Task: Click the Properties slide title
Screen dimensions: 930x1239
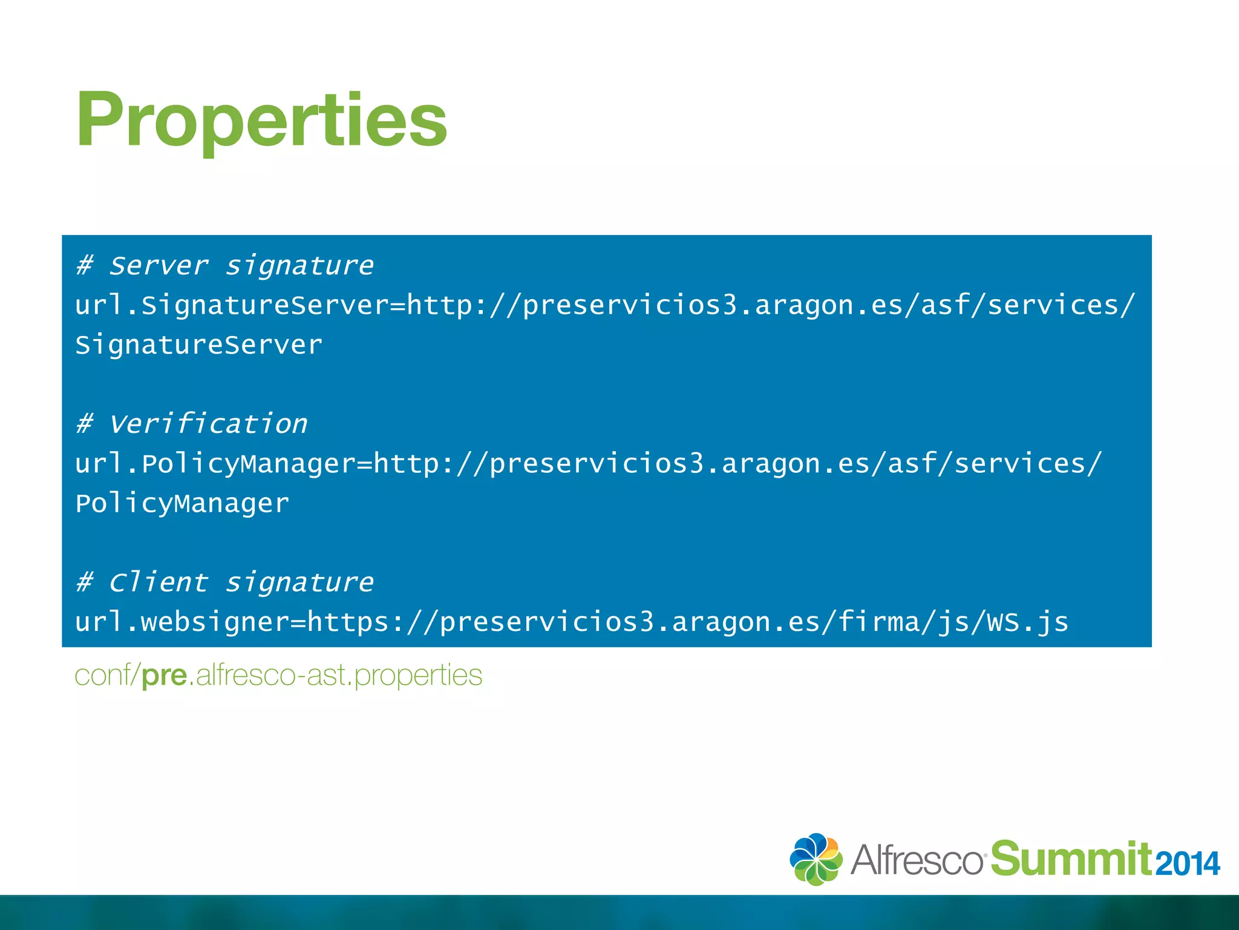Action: coord(261,119)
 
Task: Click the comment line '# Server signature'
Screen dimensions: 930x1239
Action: coord(225,266)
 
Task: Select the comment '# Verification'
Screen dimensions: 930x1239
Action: coord(192,424)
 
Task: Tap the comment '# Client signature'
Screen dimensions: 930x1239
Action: coord(225,582)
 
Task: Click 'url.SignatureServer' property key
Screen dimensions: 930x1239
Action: coord(232,305)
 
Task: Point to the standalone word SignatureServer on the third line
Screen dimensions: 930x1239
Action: coord(199,345)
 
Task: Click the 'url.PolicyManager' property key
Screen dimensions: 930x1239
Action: coord(215,464)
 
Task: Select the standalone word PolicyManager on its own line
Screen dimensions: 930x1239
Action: coord(182,504)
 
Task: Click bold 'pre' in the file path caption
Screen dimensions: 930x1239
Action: coord(164,676)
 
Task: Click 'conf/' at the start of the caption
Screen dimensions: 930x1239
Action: coord(107,676)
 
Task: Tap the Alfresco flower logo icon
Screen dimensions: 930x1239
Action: coord(815,859)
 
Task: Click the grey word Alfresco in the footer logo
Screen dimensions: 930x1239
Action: coord(917,860)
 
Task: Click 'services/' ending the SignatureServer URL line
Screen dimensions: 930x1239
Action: coord(1061,305)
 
